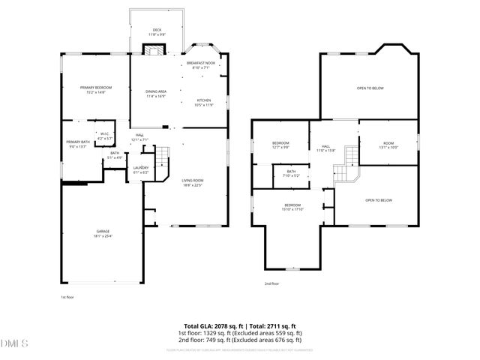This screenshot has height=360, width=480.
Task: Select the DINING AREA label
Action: pyautogui.click(x=156, y=93)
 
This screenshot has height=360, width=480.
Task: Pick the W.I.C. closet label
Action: pyautogui.click(x=105, y=136)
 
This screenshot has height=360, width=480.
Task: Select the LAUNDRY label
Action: pyautogui.click(x=141, y=169)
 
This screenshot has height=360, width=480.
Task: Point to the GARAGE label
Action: pyautogui.click(x=103, y=232)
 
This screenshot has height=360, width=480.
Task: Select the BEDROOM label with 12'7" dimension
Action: pyautogui.click(x=280, y=144)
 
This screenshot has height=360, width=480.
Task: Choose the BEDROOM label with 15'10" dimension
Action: pyautogui.click(x=292, y=207)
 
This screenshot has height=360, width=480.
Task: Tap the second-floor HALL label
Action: pyautogui.click(x=326, y=148)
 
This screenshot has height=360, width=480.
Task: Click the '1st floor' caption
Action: pyautogui.click(x=67, y=297)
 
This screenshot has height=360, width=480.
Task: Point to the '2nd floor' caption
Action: pyautogui.click(x=271, y=283)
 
